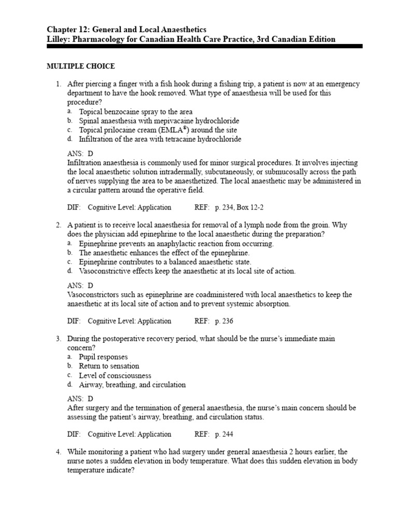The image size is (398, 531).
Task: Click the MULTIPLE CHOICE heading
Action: pyautogui.click(x=80, y=66)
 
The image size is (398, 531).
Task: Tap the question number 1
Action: pyautogui.click(x=59, y=84)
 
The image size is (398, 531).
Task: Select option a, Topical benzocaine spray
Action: pyautogui.click(x=135, y=111)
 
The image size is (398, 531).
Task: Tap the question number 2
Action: pyautogui.click(x=59, y=226)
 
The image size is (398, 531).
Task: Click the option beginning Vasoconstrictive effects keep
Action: pyautogui.click(x=187, y=271)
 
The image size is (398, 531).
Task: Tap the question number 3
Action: pyautogui.click(x=59, y=339)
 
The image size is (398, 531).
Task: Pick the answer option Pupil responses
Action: pyautogui.click(x=103, y=357)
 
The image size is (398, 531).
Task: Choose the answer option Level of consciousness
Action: pyautogui.click(x=115, y=375)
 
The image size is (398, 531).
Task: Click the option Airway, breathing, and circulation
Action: pyautogui.click(x=132, y=385)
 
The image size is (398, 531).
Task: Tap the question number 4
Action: pyautogui.click(x=59, y=452)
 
